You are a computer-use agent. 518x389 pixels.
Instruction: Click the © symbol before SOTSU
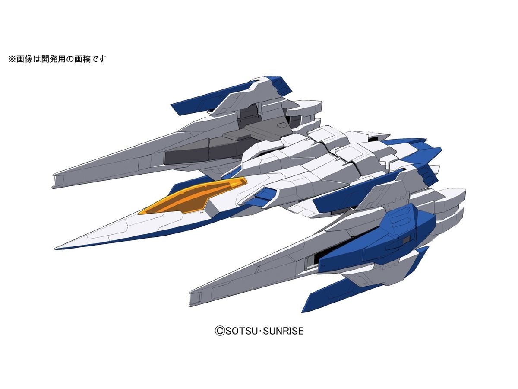pyautogui.click(x=220, y=331)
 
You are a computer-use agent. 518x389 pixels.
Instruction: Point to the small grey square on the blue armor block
pyautogui.click(x=407, y=239)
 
